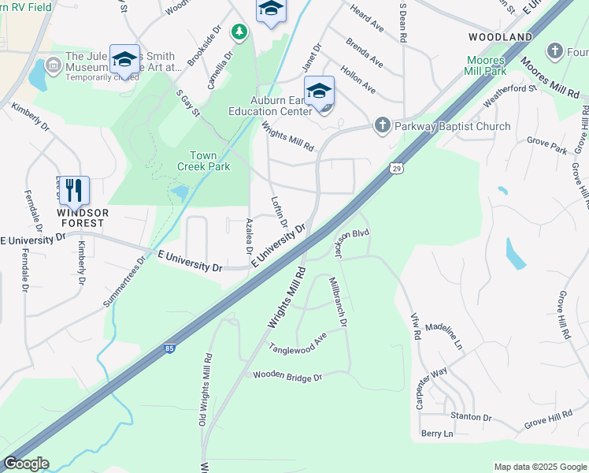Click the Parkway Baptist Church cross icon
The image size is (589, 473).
click(x=382, y=125)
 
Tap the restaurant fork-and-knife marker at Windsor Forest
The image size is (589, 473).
click(x=74, y=190)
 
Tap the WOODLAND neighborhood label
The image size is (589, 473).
click(x=500, y=37)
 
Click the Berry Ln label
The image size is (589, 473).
click(x=437, y=434)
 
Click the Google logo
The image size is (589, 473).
click(x=26, y=464)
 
